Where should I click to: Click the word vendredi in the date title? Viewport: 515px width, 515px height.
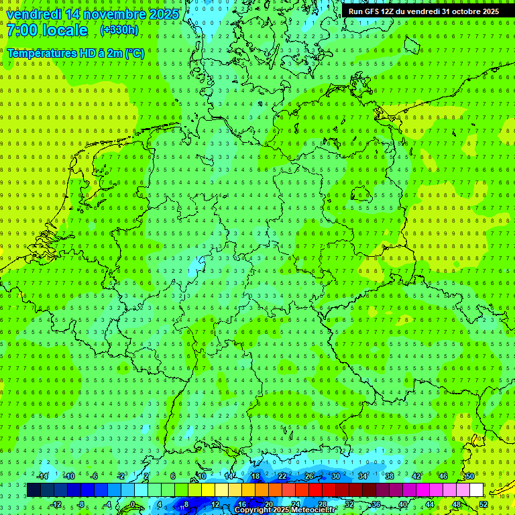click(x=35, y=14)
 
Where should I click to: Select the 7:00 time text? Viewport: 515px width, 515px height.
click(x=21, y=30)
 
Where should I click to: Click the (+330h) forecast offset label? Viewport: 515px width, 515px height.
click(x=119, y=30)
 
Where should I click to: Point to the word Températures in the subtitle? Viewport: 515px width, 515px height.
click(x=44, y=52)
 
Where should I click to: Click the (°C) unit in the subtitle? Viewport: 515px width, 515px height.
click(x=133, y=52)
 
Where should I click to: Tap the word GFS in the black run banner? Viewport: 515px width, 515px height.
click(x=373, y=11)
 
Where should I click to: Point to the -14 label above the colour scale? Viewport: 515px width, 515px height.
click(x=42, y=476)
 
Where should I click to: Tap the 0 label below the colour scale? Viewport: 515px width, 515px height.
click(x=132, y=504)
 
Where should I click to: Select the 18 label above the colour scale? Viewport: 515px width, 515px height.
click(x=255, y=476)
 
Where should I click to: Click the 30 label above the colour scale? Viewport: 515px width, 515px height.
click(x=336, y=476)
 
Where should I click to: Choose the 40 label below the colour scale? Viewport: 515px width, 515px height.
click(x=403, y=504)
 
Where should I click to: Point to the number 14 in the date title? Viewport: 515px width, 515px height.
click(x=76, y=14)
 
